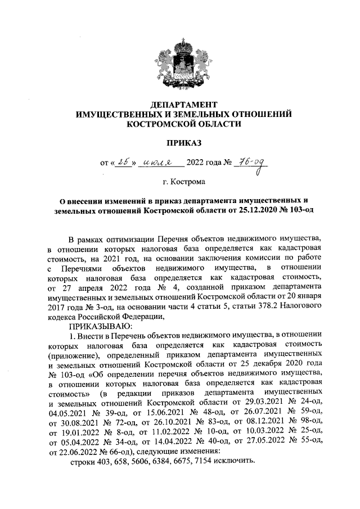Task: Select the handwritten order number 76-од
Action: pos(252,164)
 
